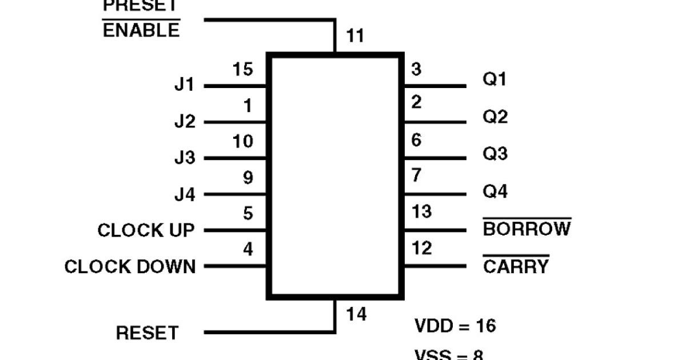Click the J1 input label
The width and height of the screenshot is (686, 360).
pyautogui.click(x=184, y=86)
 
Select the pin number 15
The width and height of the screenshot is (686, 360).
pyautogui.click(x=243, y=70)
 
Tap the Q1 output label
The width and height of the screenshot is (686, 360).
pyautogui.click(x=495, y=79)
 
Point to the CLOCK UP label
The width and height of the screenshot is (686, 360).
pyautogui.click(x=146, y=231)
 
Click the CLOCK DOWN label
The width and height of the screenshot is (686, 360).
pyautogui.click(x=130, y=267)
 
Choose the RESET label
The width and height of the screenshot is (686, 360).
pyautogui.click(x=147, y=333)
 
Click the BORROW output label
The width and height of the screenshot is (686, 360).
pyautogui.click(x=527, y=229)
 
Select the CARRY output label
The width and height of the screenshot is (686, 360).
pyautogui.click(x=516, y=266)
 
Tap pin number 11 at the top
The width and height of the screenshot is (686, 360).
pyautogui.click(x=355, y=37)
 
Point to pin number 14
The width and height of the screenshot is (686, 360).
pyautogui.click(x=356, y=314)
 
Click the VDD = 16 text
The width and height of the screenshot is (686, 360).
pyautogui.click(x=455, y=326)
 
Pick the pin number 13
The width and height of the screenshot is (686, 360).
pyautogui.click(x=422, y=211)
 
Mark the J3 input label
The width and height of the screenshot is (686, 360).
pyautogui.click(x=184, y=158)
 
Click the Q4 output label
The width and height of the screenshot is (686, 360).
pyautogui.click(x=495, y=191)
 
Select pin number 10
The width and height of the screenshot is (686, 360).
pyautogui.click(x=243, y=141)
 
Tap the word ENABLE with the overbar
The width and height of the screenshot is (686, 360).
pyautogui.click(x=141, y=30)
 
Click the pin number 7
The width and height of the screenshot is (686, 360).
pyautogui.click(x=417, y=175)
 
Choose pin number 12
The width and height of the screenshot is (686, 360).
pyautogui.click(x=422, y=249)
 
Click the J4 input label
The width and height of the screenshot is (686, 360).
pyautogui.click(x=184, y=195)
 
